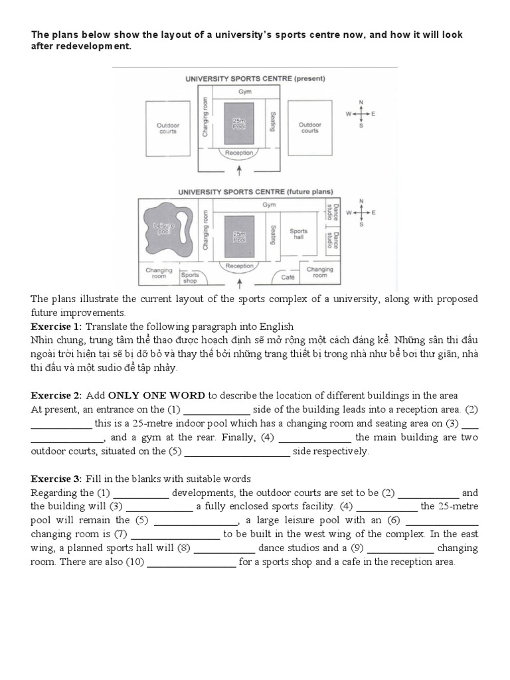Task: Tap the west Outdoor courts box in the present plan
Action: pos(168,127)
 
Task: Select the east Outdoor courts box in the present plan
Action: pos(309,127)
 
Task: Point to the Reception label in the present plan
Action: pos(239,153)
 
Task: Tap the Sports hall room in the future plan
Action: pos(299,234)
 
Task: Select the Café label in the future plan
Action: pos(288,276)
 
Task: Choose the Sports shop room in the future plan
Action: pos(190,277)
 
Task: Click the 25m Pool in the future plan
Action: pos(239,235)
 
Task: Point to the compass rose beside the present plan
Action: pos(361,114)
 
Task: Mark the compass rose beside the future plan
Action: pos(361,212)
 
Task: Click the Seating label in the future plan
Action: pos(272,234)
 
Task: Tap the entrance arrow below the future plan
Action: pos(240,283)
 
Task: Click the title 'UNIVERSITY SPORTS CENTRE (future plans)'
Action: pos(255,192)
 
